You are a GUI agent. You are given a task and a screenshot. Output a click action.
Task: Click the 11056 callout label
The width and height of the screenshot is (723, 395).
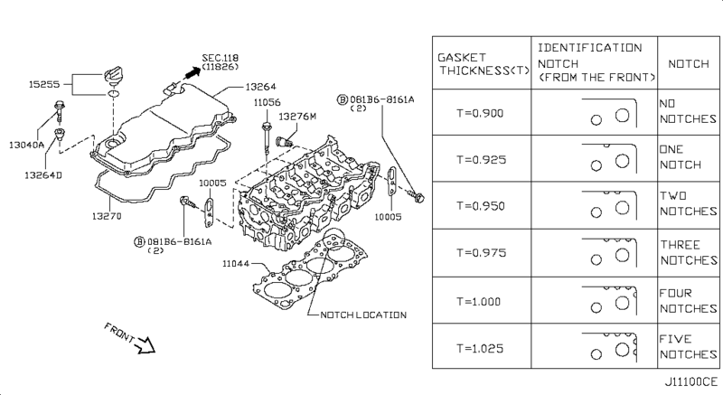[266, 102]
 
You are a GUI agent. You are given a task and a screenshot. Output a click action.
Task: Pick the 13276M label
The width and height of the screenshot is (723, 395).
[297, 117]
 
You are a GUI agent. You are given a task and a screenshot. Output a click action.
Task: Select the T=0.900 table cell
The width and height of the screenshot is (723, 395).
[481, 113]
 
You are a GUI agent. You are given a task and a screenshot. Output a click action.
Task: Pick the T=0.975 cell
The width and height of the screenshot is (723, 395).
[481, 252]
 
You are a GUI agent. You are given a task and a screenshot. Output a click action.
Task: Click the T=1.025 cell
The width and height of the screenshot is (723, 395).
[481, 346]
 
